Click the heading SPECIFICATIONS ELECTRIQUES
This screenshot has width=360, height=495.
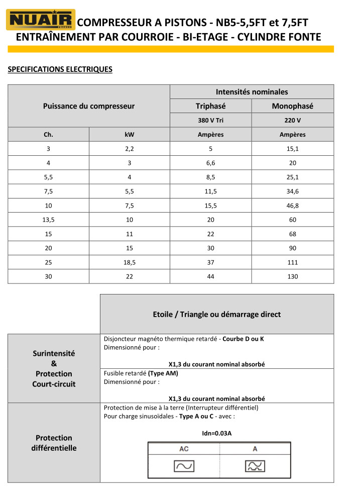[60, 69]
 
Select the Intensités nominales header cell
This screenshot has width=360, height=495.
[252, 92]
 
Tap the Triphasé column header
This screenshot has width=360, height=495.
[210, 106]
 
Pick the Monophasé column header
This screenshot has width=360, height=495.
[292, 106]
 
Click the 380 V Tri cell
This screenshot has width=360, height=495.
[210, 121]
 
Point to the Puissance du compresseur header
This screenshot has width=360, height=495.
[89, 106]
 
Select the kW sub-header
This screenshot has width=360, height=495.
[130, 135]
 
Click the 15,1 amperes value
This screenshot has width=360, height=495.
[292, 149]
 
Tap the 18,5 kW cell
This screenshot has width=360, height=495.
[130, 262]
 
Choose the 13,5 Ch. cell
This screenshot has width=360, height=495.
[48, 220]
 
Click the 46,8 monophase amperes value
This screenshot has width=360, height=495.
[292, 206]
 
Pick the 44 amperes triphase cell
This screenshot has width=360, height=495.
[210, 276]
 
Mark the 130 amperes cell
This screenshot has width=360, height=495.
[292, 276]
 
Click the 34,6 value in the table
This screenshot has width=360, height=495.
[292, 191]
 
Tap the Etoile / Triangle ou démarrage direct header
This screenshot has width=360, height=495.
[216, 315]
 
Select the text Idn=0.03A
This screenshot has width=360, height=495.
[216, 433]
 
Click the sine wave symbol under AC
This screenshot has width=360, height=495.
[184, 466]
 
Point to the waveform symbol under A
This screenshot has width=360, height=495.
[255, 466]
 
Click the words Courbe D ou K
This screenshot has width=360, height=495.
[243, 339]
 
